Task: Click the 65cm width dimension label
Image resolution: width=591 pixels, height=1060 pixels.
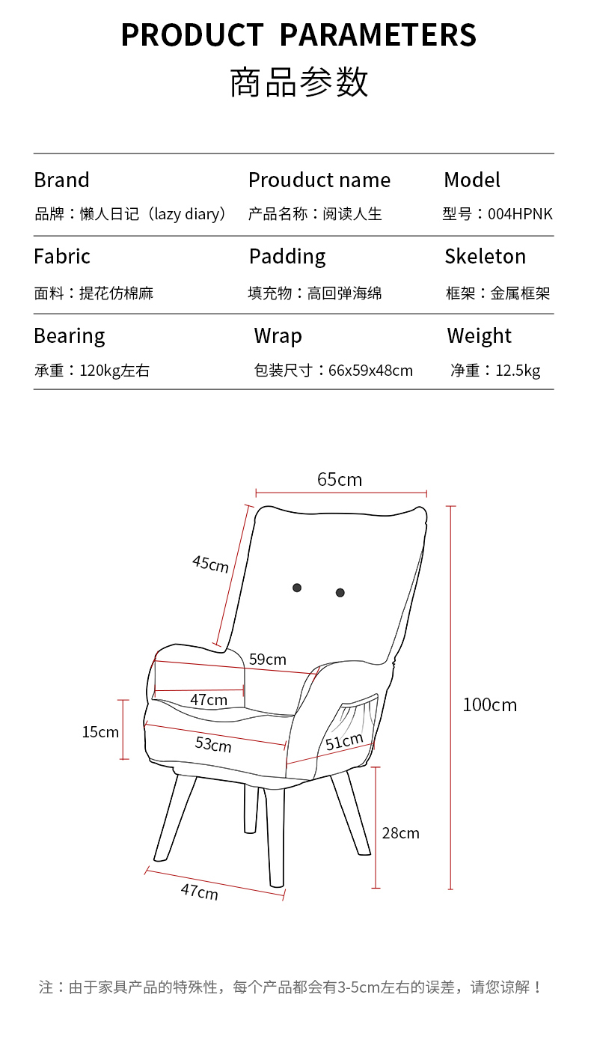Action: [x=340, y=479]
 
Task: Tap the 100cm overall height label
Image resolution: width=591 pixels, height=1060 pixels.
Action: [x=489, y=704]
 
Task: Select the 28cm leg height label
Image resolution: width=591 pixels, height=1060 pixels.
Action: [x=400, y=832]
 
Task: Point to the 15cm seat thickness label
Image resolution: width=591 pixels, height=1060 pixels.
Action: [x=100, y=732]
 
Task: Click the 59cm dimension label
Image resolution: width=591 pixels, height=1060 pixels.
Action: [x=267, y=660]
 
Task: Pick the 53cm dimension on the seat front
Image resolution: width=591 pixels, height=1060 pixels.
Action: [x=213, y=744]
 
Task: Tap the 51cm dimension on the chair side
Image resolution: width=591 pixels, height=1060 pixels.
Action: [x=344, y=742]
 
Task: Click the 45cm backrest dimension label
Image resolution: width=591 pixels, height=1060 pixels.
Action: [x=210, y=563]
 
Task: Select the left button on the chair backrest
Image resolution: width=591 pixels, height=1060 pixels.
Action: [x=297, y=588]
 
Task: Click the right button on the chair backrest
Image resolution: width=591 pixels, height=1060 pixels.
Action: [x=340, y=592]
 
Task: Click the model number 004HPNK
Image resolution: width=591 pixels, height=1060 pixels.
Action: [x=520, y=214]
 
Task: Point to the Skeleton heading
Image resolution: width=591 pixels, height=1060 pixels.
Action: [x=485, y=257]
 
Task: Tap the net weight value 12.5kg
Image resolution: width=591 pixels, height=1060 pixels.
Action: [x=518, y=371]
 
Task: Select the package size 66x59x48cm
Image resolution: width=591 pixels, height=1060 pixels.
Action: [x=370, y=371]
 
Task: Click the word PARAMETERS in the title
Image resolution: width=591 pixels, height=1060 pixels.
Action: [x=378, y=35]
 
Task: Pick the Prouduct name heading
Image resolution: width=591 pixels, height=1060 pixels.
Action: [x=319, y=180]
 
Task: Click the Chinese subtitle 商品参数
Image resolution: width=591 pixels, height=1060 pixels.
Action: [x=298, y=82]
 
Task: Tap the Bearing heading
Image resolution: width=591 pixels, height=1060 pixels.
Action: [x=70, y=336]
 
